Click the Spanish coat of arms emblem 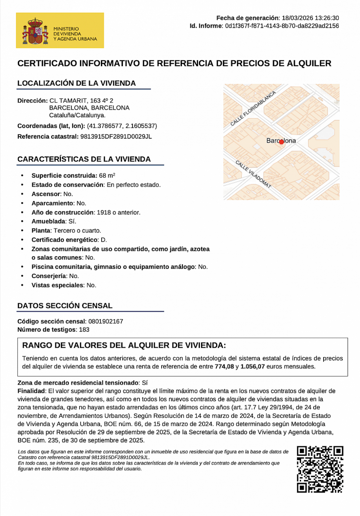35,31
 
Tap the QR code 320,469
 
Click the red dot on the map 282,142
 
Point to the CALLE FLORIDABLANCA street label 253,109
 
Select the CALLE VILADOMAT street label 253,174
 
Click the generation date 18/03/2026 297,18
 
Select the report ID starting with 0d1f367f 282,26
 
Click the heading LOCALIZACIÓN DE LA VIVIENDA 76,83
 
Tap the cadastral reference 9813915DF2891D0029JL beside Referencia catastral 116,136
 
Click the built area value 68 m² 107,175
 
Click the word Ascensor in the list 46,194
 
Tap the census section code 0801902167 105,322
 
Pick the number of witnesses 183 84,330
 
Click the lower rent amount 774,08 224,366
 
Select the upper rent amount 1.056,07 252,366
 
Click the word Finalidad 31,391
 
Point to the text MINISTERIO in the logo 66,29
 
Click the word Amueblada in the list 48,221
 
